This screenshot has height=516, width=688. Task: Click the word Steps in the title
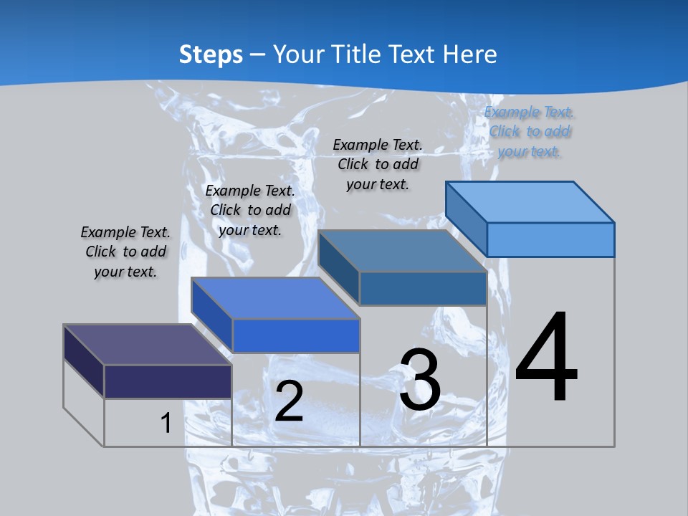[211, 54]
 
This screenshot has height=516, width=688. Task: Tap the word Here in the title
[469, 54]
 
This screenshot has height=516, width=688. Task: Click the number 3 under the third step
[420, 380]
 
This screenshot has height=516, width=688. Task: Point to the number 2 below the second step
[289, 401]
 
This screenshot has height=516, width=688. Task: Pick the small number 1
[166, 423]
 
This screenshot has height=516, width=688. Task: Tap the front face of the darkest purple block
[168, 381]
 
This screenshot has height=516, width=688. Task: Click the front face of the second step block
[295, 335]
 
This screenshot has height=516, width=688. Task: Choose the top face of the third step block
[403, 251]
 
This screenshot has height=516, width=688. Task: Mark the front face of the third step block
[423, 288]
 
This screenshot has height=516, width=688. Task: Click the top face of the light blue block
[530, 202]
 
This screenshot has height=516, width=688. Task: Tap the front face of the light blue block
[550, 239]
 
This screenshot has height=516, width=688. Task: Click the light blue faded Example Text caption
[530, 132]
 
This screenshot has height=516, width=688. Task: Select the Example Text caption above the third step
[378, 165]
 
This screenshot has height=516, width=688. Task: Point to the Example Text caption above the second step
[250, 210]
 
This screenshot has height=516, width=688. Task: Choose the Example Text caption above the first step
[125, 252]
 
